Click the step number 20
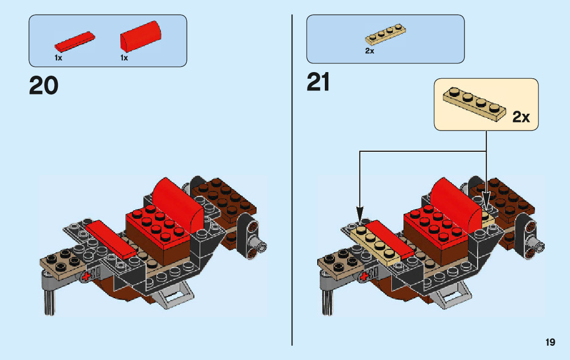tap(44, 85)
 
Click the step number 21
tap(318, 82)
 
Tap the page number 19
tap(550, 342)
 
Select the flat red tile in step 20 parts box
tap(74, 42)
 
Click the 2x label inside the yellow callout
tap(521, 117)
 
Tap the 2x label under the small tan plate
tap(370, 51)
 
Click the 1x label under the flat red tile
tap(58, 58)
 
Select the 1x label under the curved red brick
tap(124, 58)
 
